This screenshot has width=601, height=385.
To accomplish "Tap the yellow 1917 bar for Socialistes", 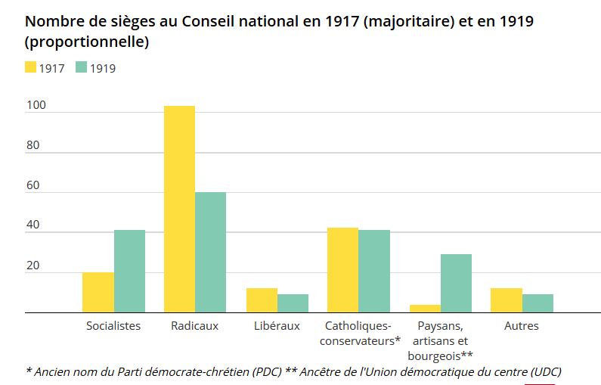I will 98,292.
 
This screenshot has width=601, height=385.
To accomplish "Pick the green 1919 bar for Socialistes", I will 129,271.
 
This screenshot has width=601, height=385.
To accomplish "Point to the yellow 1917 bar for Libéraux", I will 262,300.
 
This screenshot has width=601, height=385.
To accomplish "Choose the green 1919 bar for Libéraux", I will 293,303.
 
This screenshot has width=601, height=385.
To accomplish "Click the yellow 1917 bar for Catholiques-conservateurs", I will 342,270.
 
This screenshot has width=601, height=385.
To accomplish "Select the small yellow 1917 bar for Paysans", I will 425,309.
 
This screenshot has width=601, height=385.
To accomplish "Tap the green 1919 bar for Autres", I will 537,303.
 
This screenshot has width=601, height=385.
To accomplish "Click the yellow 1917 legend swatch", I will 31,68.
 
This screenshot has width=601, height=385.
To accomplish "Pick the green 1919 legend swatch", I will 82,68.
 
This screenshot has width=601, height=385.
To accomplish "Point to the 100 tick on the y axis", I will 36,106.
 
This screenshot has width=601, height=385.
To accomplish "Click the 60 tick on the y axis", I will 32,186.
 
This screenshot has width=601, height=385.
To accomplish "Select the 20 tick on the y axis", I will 32,266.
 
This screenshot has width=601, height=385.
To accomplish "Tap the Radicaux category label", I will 194,326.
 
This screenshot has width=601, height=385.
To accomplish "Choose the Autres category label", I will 522,326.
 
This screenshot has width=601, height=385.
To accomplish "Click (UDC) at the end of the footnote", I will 546,372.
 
